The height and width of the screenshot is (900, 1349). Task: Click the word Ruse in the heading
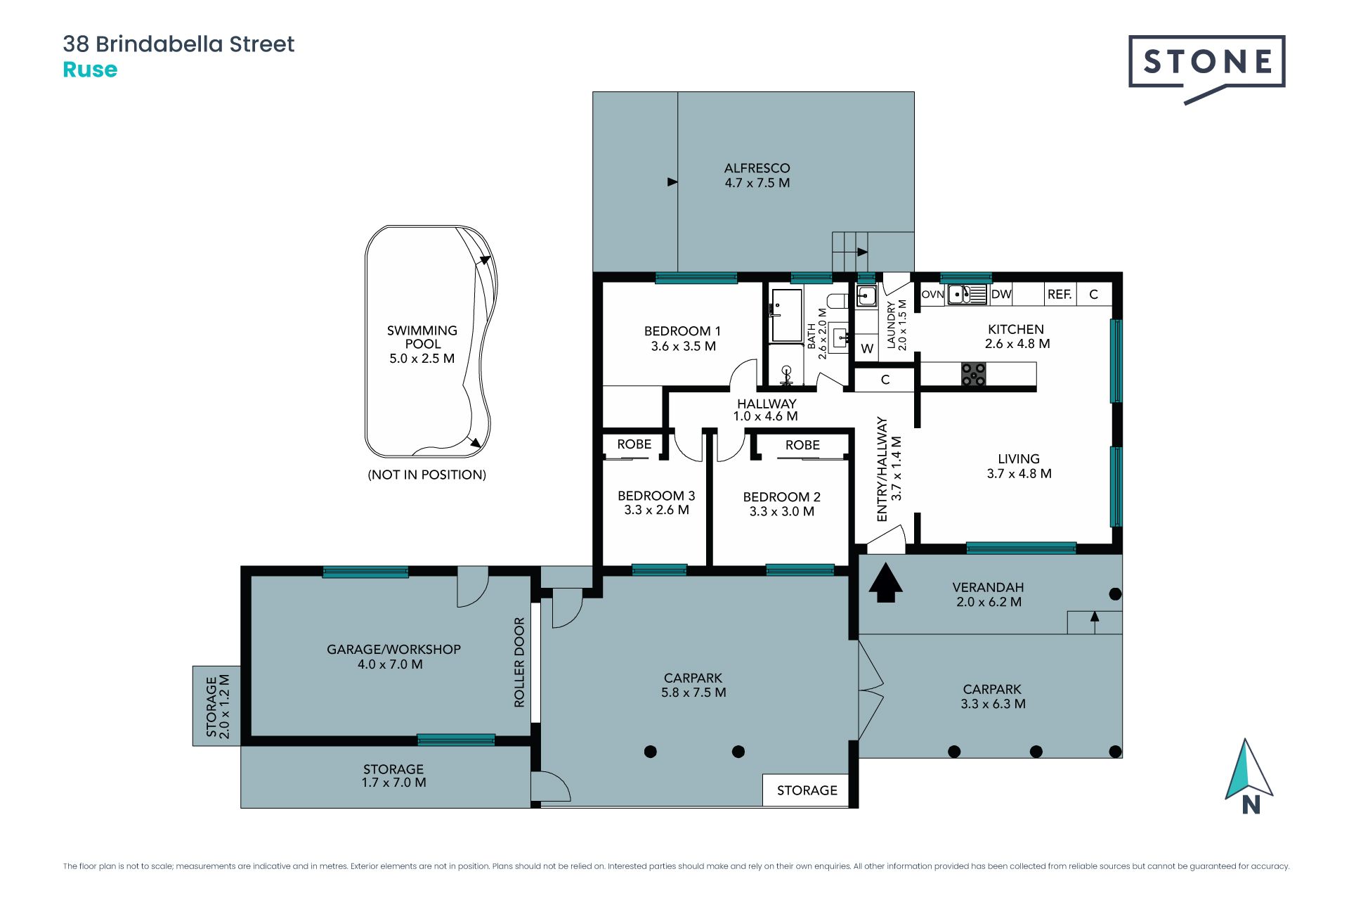tap(90, 70)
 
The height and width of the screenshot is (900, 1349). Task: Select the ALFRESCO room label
tap(757, 168)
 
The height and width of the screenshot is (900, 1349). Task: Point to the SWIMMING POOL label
tap(422, 337)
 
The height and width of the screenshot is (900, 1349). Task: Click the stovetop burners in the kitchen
tap(973, 374)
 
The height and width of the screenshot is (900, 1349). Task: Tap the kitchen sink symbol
tap(967, 294)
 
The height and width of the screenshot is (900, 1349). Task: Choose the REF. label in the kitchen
tap(1060, 295)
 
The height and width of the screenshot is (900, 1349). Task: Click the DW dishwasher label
tap(1001, 294)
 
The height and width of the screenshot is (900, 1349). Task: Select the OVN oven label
tap(932, 295)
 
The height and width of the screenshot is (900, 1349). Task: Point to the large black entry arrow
tap(885, 583)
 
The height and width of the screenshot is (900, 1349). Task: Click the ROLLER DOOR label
tap(519, 662)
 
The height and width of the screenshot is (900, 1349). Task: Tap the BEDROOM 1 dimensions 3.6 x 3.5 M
tap(683, 346)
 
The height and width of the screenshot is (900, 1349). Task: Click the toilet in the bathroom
tap(838, 301)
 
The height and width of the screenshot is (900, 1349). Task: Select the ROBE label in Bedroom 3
tap(634, 444)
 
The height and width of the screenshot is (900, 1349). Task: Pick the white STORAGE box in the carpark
tap(806, 790)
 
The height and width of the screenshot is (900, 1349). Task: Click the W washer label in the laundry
tap(867, 349)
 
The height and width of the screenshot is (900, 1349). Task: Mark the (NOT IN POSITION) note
tap(426, 475)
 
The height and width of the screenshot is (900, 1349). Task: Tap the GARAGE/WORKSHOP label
tap(393, 650)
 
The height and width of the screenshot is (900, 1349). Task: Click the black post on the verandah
tap(1115, 594)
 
